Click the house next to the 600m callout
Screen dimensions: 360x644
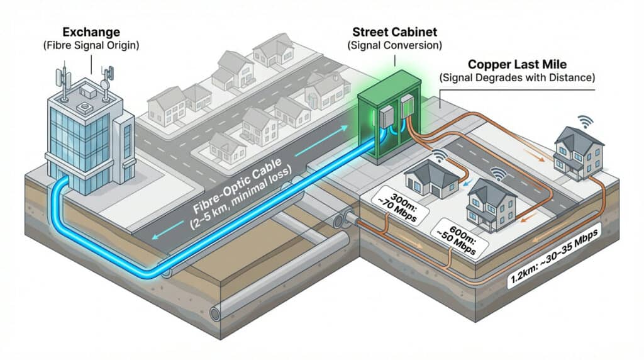(492, 201)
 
